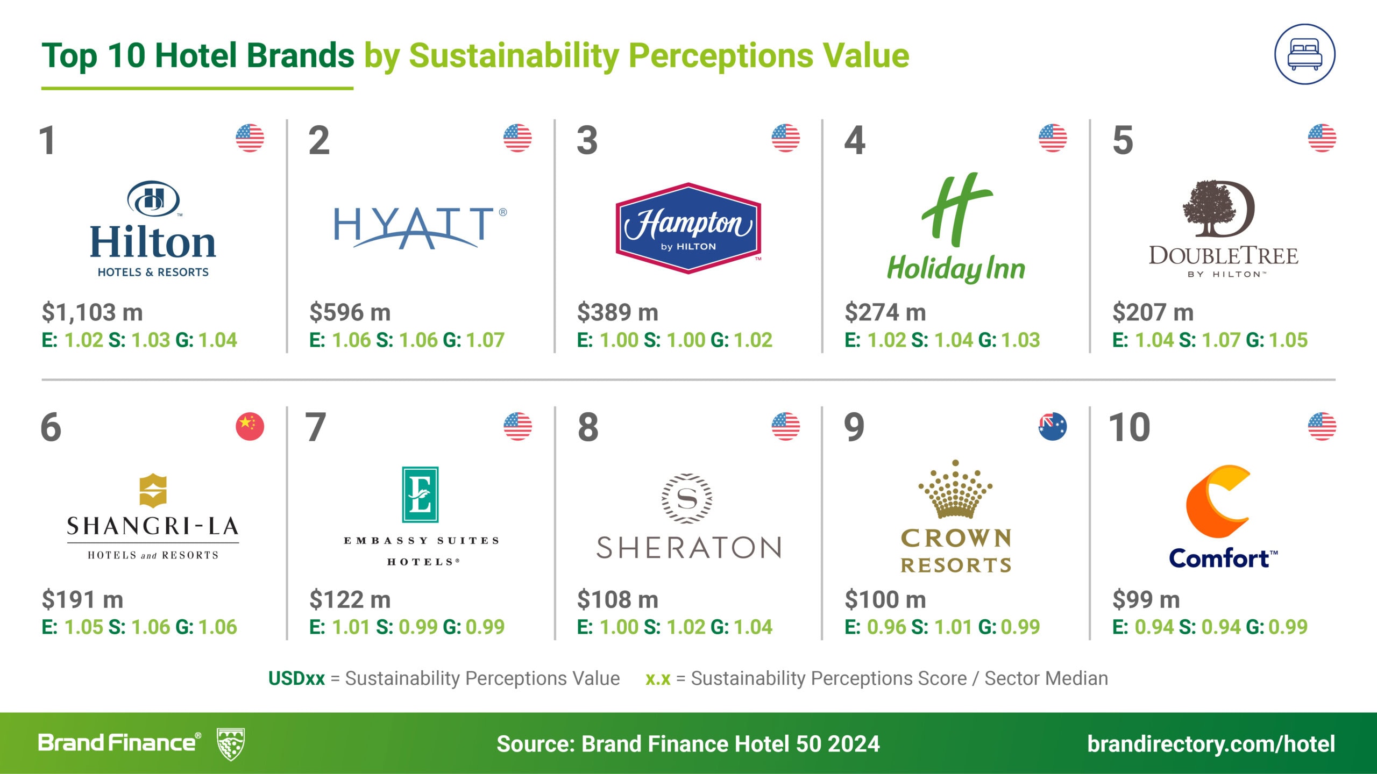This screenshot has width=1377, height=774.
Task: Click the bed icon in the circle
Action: point(1304,55)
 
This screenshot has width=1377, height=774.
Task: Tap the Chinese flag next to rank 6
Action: point(250,427)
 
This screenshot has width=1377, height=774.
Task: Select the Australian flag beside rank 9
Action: point(1053,427)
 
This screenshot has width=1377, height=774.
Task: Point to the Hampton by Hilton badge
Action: point(688,228)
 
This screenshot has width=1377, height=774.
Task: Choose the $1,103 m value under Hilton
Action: point(93,312)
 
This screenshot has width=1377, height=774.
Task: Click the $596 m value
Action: point(350,312)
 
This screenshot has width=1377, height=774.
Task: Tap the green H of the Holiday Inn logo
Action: point(957,210)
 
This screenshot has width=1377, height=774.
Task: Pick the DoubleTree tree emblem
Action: point(1218,209)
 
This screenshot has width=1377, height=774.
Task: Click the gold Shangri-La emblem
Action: point(153,491)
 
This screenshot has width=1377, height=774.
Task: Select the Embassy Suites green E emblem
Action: point(420,494)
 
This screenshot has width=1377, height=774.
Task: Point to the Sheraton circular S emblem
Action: point(687,498)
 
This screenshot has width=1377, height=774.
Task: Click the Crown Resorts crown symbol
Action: point(955,489)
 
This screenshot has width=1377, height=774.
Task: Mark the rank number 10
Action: point(1130,428)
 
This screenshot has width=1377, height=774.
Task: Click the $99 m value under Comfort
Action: point(1146,599)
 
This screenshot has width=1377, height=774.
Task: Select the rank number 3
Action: point(587,140)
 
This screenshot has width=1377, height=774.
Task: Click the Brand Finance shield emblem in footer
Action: point(231,744)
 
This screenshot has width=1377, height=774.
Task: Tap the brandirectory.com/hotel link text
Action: point(1211,744)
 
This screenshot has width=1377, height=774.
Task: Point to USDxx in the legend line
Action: point(296,678)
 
